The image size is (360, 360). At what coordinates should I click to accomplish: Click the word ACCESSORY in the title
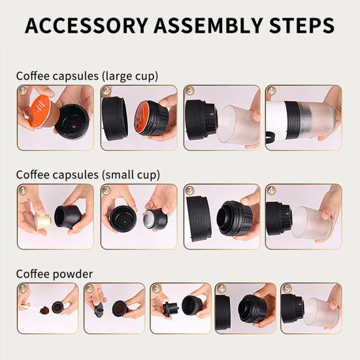(x=86, y=25)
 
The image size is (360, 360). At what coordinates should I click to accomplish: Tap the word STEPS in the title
(x=301, y=25)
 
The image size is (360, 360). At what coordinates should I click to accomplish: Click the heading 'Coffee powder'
(x=54, y=274)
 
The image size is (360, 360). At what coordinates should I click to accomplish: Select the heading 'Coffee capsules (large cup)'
(x=87, y=76)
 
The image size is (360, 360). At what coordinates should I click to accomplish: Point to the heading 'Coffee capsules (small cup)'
(x=88, y=175)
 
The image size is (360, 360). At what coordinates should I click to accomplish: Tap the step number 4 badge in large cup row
(x=271, y=91)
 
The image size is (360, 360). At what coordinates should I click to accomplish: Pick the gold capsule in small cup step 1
(x=44, y=221)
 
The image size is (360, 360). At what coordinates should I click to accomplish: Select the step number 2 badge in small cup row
(x=106, y=190)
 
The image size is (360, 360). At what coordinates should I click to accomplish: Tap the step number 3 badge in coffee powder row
(x=157, y=289)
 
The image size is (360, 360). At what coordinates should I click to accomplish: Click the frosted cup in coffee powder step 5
(x=321, y=312)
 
